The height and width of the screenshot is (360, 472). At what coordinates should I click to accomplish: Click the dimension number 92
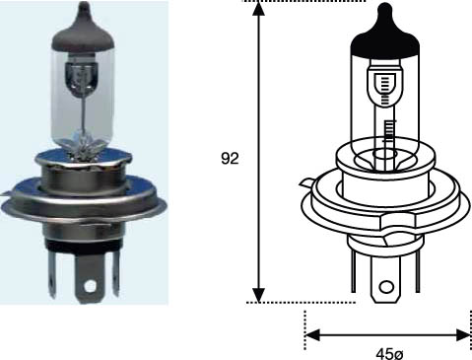231,159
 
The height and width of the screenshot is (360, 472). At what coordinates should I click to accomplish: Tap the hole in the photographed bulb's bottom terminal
93,289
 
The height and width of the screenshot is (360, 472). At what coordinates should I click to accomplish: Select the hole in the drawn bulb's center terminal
385,290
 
